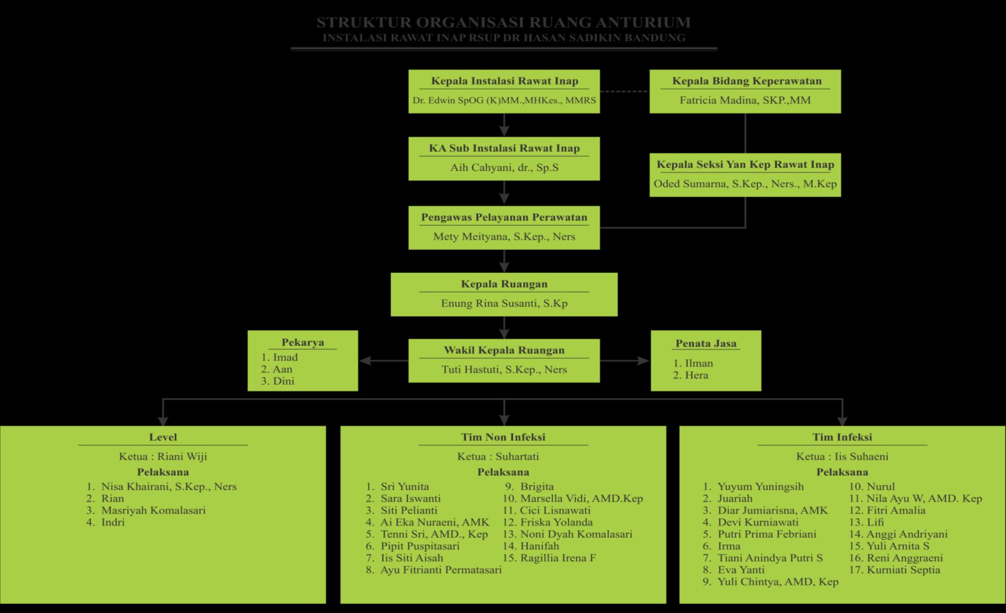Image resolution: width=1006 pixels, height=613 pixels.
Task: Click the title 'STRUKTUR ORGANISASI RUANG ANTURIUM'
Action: click(x=503, y=23)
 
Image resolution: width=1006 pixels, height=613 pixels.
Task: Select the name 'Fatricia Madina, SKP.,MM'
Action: click(x=745, y=100)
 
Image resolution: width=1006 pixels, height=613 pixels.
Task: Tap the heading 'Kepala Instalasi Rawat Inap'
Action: click(x=504, y=81)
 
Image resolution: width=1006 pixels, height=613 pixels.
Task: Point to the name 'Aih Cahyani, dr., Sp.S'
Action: click(x=504, y=167)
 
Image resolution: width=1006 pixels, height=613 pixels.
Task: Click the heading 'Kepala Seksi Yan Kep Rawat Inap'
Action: click(x=745, y=165)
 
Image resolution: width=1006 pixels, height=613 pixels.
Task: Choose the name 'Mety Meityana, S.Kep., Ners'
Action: click(x=504, y=237)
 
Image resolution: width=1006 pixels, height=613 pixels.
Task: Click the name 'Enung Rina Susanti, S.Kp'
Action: click(x=504, y=303)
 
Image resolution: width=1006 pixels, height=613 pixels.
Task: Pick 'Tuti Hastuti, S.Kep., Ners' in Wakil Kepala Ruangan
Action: click(x=504, y=370)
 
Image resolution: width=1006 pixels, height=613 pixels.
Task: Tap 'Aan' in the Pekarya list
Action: click(x=282, y=369)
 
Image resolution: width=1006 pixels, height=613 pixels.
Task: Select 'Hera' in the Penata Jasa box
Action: click(x=696, y=375)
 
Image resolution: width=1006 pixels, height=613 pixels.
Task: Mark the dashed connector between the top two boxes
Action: click(x=625, y=92)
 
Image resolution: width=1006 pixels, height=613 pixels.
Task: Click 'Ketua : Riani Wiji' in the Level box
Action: click(x=163, y=456)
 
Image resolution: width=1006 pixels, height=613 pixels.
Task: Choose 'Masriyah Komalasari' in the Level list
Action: click(x=153, y=510)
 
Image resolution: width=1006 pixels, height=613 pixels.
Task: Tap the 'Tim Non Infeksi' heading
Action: click(x=503, y=437)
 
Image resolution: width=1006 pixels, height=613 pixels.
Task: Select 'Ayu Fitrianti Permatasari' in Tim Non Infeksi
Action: click(x=440, y=570)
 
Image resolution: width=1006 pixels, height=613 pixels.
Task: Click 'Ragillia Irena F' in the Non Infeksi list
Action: click(x=557, y=558)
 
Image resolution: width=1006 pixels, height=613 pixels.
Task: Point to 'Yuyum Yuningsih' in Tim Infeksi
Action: click(x=760, y=486)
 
